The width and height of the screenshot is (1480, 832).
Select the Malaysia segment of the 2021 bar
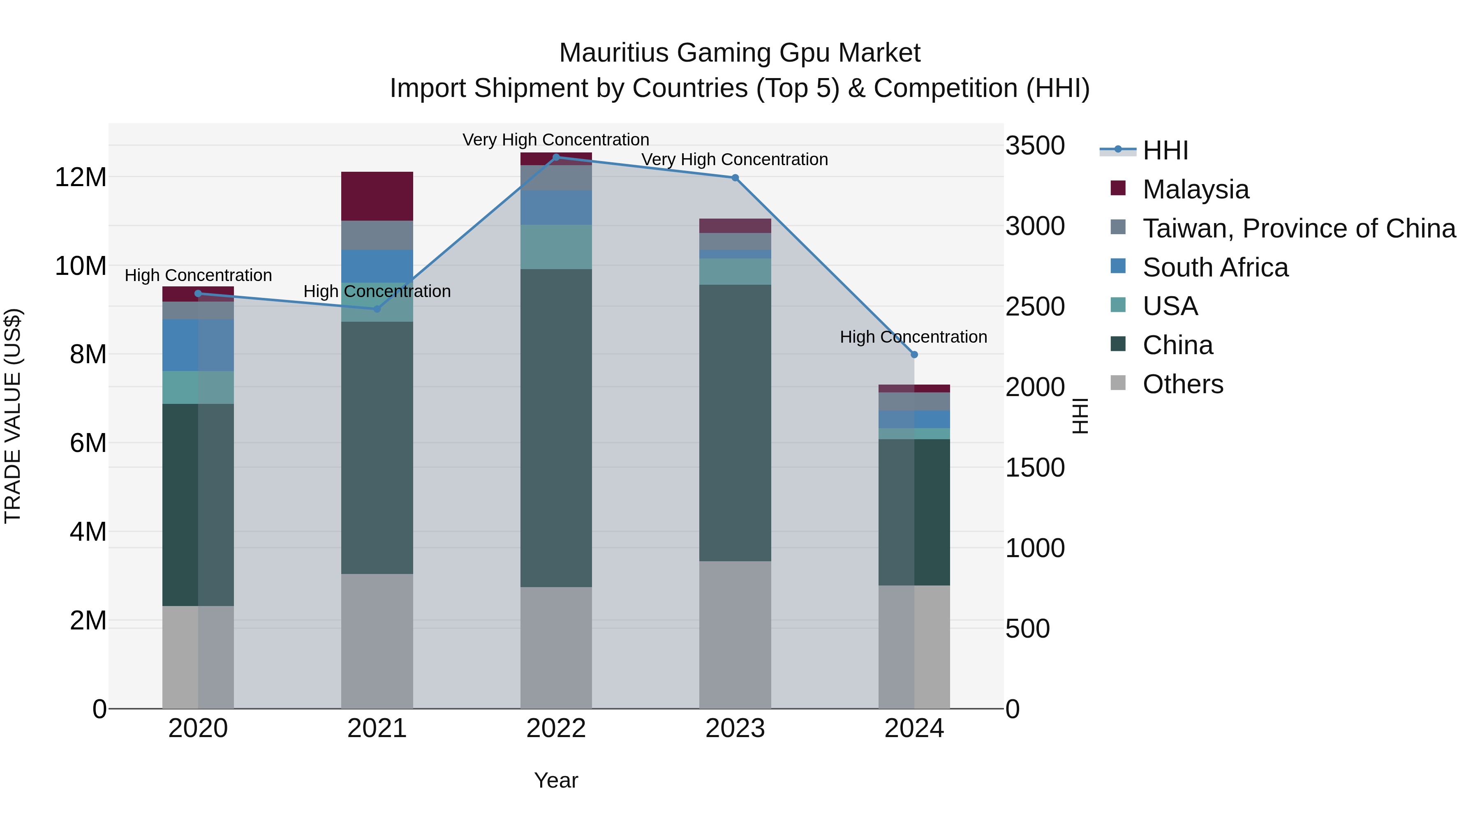point(377,196)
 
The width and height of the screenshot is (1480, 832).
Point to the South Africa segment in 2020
point(198,345)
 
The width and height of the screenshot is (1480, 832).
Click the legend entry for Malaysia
point(1195,189)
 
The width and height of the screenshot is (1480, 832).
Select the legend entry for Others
point(1182,384)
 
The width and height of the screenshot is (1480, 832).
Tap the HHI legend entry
point(1165,150)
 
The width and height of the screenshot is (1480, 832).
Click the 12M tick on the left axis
point(81,177)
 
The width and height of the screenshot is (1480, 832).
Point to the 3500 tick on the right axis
point(1035,146)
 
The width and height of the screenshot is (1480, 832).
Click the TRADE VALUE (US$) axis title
point(13,416)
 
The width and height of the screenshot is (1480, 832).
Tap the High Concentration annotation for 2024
point(913,337)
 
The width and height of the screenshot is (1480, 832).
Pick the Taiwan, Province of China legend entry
point(1298,228)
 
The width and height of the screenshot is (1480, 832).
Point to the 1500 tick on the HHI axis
point(1035,468)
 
